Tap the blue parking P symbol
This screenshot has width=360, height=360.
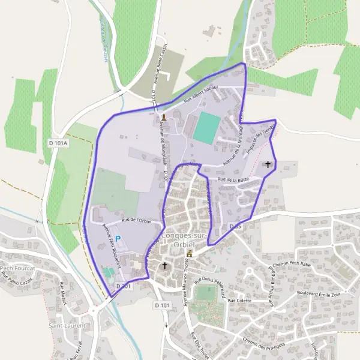118,239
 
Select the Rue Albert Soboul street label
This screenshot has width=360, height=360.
201,96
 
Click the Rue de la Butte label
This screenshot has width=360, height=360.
233,179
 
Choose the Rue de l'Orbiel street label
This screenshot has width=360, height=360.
137,220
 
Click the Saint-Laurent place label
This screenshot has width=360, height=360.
67,326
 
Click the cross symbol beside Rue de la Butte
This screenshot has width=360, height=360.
267,164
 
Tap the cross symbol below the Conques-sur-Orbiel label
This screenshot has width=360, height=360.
165,265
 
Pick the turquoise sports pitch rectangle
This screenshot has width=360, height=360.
206,127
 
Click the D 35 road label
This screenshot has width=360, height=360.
235,227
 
